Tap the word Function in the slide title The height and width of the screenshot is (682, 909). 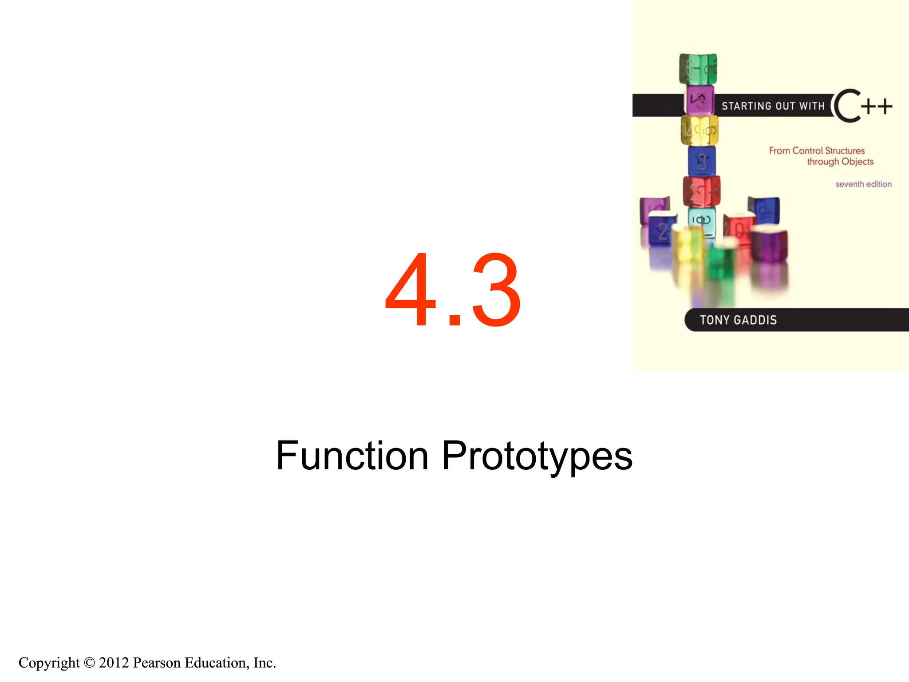352,456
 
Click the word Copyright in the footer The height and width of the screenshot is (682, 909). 49,663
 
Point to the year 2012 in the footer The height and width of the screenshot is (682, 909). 114,663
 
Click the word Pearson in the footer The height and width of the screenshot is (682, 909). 157,663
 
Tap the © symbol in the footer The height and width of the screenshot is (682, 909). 89,663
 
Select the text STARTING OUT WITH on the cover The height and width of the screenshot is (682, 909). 773,106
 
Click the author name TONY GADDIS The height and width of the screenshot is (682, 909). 738,320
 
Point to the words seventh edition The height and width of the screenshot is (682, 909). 863,184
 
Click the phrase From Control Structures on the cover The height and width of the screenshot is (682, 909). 817,151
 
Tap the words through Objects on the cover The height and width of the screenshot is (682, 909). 840,162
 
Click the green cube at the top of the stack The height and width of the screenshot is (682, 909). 698,69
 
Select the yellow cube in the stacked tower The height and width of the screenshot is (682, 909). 700,131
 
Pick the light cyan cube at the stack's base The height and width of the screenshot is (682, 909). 702,221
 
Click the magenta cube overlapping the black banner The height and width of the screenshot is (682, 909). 700,101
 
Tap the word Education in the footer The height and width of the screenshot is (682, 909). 217,663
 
